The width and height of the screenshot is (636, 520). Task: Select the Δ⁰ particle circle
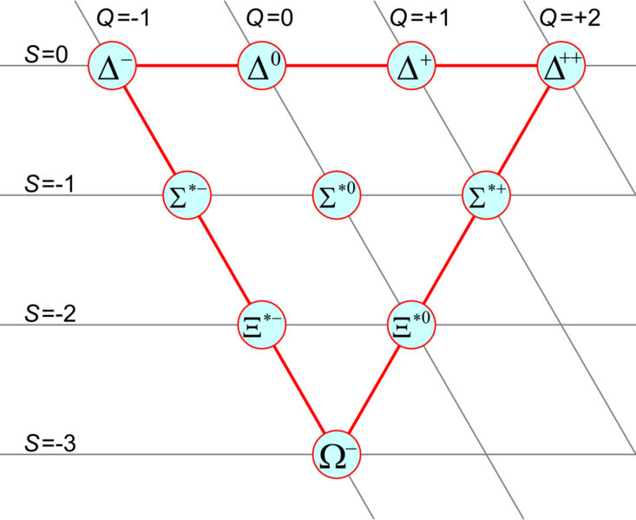pyautogui.click(x=261, y=66)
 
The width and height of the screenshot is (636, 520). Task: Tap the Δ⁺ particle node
pyautogui.click(x=411, y=66)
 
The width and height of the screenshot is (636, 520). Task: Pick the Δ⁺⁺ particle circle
pyautogui.click(x=561, y=66)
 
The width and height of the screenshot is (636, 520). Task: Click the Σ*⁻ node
pyautogui.click(x=186, y=195)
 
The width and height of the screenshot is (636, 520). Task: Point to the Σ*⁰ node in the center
pyautogui.click(x=336, y=195)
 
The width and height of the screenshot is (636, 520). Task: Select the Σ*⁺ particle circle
pyautogui.click(x=486, y=195)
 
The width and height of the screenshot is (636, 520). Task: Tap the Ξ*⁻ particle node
pyautogui.click(x=261, y=325)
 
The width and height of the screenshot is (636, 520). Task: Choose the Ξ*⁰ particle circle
pyautogui.click(x=410, y=325)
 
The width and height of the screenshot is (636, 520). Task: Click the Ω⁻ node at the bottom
pyautogui.click(x=336, y=454)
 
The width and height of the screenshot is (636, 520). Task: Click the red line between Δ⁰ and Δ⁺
pyautogui.click(x=336, y=66)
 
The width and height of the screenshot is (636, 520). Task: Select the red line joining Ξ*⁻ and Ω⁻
pyautogui.click(x=298, y=390)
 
